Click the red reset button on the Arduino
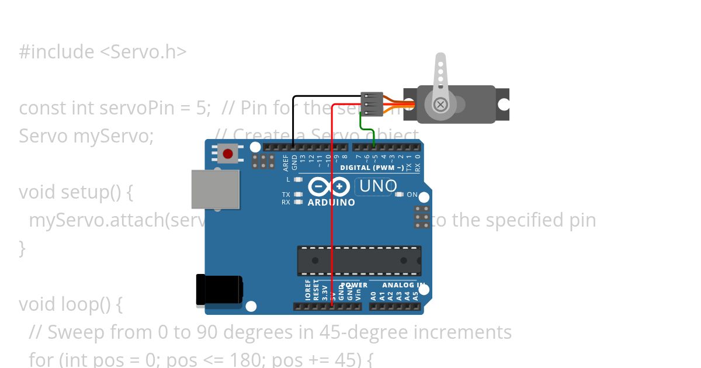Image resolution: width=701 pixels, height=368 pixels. tap(227, 154)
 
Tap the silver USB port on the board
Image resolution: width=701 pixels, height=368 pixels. tap(216, 189)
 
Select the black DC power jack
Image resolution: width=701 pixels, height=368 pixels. tap(220, 290)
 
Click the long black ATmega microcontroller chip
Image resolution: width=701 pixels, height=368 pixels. tap(359, 261)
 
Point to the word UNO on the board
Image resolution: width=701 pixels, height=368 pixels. tap(379, 186)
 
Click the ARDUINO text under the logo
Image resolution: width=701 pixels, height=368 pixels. tap(331, 203)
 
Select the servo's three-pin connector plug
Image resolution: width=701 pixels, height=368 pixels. tap(372, 103)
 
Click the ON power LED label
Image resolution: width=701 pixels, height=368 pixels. tap(412, 195)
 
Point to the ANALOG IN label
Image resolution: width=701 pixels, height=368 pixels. tap(403, 285)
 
